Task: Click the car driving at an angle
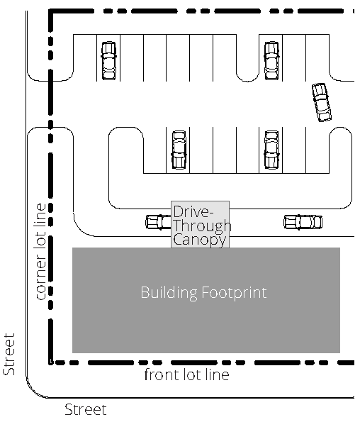[x=322, y=102]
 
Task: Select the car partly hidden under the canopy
[x=159, y=222]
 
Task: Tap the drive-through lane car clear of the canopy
[x=303, y=222]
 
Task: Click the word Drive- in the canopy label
[x=193, y=211]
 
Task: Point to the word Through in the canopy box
[x=202, y=226]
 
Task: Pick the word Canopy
[x=200, y=240]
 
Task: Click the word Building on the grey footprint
[x=169, y=292]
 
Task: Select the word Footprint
[x=234, y=292]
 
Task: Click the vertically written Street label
[x=9, y=354]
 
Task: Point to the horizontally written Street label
[x=86, y=410]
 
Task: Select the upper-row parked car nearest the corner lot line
[x=109, y=60]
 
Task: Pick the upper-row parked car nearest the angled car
[x=271, y=60]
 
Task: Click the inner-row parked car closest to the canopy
[x=179, y=150]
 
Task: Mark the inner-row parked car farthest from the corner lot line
[x=271, y=150]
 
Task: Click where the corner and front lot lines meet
[x=51, y=362]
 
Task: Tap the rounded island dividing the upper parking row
[x=247, y=58]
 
